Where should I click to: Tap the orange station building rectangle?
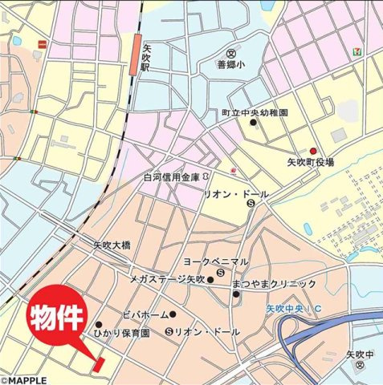(x=134, y=55)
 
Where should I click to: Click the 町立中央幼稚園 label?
(x=254, y=113)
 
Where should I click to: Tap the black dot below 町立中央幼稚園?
(x=253, y=123)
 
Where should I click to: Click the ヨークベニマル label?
(x=217, y=262)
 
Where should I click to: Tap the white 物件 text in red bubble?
(x=57, y=318)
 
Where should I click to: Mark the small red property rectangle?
(x=100, y=363)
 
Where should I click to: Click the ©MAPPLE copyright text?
(x=24, y=379)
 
